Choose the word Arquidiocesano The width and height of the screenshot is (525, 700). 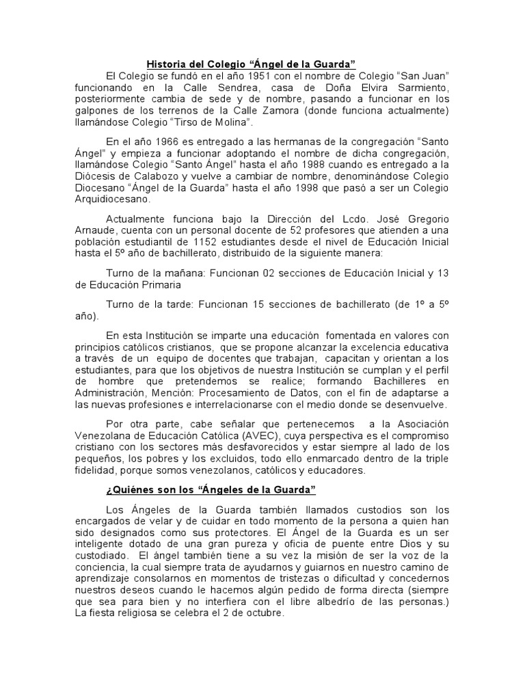(113, 200)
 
